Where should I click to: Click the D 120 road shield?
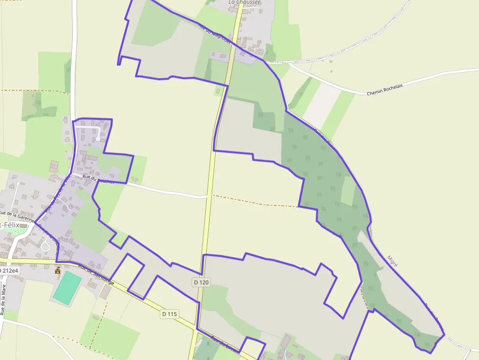201,282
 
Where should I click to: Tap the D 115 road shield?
169,314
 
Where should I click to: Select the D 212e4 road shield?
9,271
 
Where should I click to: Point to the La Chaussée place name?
245,2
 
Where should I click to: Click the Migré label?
392,261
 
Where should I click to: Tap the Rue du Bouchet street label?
98,179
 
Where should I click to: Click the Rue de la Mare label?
3,303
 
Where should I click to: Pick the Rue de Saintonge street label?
96,275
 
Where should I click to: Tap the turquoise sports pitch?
67,287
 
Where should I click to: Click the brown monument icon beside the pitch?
58,271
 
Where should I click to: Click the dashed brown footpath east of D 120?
254,202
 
